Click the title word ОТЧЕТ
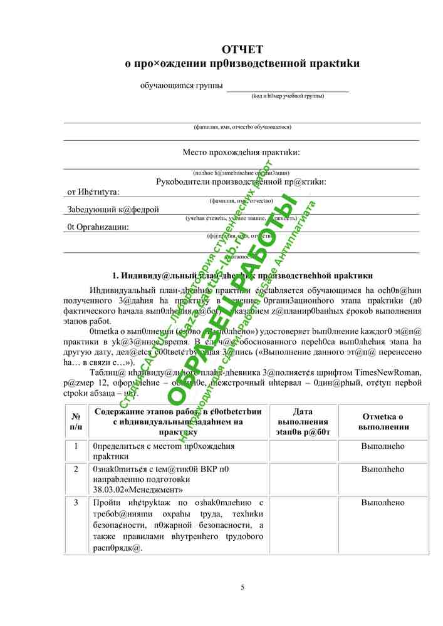[242, 49]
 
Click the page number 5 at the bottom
[242, 587]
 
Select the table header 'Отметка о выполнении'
[383, 421]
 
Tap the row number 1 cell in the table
[76, 446]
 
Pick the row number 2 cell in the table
[76, 468]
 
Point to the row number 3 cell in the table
[76, 503]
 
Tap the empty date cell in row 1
[303, 451]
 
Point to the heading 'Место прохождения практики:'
[241, 152]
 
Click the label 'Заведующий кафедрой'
[113, 210]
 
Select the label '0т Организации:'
[98, 227]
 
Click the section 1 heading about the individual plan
[242, 275]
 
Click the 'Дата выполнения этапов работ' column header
[303, 421]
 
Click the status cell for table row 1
[383, 446]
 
